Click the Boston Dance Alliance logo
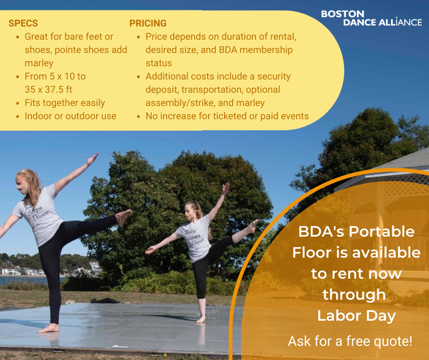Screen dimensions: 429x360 (x=371, y=18)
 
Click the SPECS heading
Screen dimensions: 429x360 (x=23, y=23)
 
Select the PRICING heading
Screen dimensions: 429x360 (x=148, y=23)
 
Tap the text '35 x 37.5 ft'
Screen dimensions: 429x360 (x=48, y=90)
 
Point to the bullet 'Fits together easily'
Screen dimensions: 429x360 (x=65, y=103)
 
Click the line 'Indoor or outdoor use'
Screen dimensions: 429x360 (x=70, y=116)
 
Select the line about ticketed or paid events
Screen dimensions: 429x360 (x=227, y=116)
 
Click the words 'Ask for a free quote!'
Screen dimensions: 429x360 (x=350, y=341)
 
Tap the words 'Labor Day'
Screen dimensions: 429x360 (x=356, y=316)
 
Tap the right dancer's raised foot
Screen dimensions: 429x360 (x=253, y=226)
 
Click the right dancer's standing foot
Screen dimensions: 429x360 (x=201, y=320)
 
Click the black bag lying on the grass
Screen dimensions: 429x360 (x=105, y=301)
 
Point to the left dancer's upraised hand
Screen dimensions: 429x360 (x=93, y=159)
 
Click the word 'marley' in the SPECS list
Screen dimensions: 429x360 (x=39, y=63)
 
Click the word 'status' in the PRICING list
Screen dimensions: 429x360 (x=159, y=63)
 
